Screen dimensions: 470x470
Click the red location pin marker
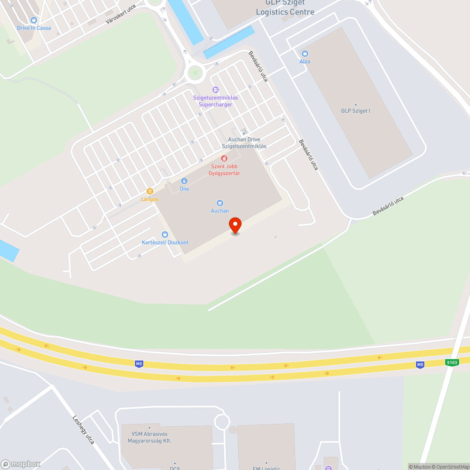click(235, 225)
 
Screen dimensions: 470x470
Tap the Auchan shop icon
click(219, 203)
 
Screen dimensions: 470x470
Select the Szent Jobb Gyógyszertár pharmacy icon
click(224, 158)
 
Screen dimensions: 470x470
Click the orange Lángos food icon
click(150, 191)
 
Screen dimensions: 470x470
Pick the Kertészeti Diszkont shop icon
click(165, 235)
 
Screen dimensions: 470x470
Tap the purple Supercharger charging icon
click(215, 89)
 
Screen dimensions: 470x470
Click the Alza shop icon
click(305, 54)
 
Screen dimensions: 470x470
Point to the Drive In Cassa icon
click(34, 20)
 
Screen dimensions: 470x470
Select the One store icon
click(184, 181)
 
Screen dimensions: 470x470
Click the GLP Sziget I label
click(356, 111)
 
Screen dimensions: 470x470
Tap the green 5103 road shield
click(452, 362)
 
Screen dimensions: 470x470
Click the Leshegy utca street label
click(84, 429)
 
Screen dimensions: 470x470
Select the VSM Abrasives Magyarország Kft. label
click(149, 437)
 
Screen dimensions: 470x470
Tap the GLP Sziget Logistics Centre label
click(285, 8)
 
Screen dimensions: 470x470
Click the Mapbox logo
click(21, 464)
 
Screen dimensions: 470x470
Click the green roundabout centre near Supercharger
click(195, 73)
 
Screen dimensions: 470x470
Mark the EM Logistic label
click(266, 468)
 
